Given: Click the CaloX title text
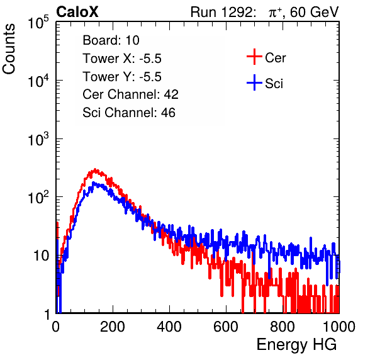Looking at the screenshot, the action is point(77,12).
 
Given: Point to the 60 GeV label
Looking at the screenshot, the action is point(314,12).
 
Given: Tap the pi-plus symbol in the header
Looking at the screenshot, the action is point(274,13).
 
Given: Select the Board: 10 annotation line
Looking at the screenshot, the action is point(111,40).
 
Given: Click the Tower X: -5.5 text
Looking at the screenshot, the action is point(122,59).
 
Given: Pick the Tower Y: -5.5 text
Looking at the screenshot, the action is point(122,77).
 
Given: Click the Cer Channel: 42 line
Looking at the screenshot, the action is point(131,94).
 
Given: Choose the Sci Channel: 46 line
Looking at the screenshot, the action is point(129,113).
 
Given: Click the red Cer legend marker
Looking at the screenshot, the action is point(254,57).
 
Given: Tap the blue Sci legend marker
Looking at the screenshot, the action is point(254,82).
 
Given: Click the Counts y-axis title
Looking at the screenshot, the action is point(9,49).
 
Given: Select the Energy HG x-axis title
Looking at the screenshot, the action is point(296,345).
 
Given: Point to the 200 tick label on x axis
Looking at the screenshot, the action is point(113,327).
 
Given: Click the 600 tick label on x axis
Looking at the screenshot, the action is point(226,327).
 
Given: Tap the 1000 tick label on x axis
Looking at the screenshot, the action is point(339,327).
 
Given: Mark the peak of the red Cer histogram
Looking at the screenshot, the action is point(95,169).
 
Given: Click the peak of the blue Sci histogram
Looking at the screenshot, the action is point(93,183).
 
